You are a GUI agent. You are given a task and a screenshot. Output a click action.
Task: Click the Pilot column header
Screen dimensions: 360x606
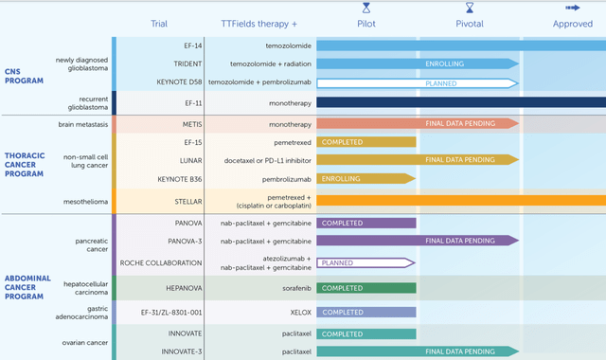tap(365, 24)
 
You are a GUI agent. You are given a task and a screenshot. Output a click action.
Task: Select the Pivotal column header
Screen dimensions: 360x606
tap(469, 24)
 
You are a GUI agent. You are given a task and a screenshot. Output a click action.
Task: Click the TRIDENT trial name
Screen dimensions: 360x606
tap(187, 63)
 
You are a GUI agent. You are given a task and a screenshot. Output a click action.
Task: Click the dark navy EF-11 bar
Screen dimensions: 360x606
tap(460, 102)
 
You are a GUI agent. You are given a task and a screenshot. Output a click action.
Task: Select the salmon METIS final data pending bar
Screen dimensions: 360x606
tap(417, 123)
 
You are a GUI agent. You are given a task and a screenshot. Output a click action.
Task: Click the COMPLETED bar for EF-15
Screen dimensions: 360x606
tap(365, 142)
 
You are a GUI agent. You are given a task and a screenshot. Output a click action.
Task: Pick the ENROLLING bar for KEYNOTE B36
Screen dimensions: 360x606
tap(365, 178)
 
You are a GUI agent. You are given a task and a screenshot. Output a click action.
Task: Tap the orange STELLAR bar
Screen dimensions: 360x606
tap(460, 201)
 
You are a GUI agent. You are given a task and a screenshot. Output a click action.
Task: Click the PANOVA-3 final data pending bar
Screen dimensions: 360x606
tap(417, 241)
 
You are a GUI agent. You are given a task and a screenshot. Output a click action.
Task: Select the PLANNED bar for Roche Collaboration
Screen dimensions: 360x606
tap(365, 262)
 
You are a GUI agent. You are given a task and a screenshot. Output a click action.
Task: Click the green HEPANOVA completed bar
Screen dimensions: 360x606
tap(365, 288)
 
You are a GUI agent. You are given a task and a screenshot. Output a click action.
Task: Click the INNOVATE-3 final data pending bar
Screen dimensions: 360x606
tap(417, 351)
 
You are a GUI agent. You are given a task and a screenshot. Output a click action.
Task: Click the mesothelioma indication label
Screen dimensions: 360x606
tap(82, 201)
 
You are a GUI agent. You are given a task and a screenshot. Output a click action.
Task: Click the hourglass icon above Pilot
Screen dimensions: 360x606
tap(365, 8)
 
